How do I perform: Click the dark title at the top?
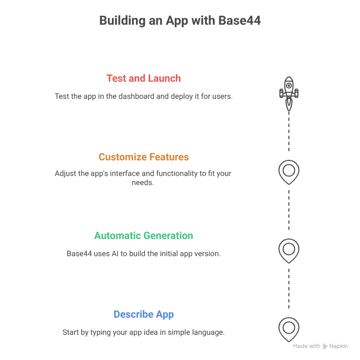tap(179, 22)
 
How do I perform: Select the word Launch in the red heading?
tap(164, 79)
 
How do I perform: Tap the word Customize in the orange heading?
tap(120, 157)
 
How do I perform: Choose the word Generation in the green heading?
tap(169, 235)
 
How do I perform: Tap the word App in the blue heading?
tap(164, 314)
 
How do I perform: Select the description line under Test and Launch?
tap(144, 96)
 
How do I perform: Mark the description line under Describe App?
tap(142, 333)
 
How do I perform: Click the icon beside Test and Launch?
tap(288, 91)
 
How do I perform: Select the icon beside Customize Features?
tap(288, 170)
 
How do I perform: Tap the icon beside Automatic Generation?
tap(288, 249)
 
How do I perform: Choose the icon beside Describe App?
tap(288, 327)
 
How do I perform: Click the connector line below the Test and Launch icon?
tap(288, 131)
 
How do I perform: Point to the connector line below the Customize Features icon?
tap(288, 209)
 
